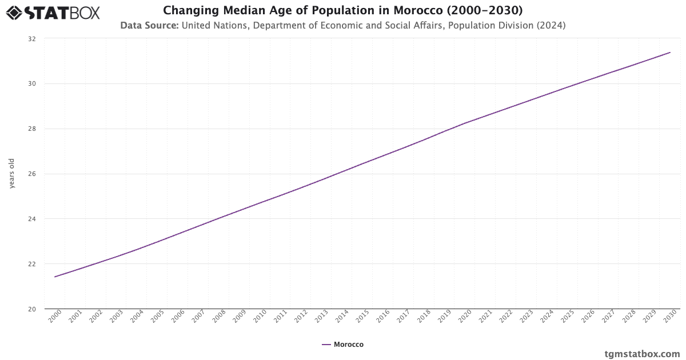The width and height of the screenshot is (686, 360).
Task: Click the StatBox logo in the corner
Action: point(53,12)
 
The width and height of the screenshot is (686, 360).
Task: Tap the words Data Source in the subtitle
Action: point(149,25)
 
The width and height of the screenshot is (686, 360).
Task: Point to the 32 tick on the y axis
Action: point(31,39)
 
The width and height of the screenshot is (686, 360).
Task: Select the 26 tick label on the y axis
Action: point(31,174)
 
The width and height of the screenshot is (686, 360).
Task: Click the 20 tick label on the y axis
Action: point(31,309)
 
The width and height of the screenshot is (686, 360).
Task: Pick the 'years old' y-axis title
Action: point(12,174)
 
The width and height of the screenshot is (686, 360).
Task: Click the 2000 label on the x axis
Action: point(55,317)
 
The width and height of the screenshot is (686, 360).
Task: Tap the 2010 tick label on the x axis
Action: point(260,317)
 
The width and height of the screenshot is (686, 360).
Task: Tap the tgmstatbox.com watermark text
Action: point(642,354)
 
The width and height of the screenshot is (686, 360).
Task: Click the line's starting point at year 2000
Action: point(55,277)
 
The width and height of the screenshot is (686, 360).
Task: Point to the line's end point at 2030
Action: point(670,53)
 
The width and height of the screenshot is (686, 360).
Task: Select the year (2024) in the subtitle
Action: point(550,25)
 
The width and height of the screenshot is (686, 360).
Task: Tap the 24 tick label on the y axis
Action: point(31,219)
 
